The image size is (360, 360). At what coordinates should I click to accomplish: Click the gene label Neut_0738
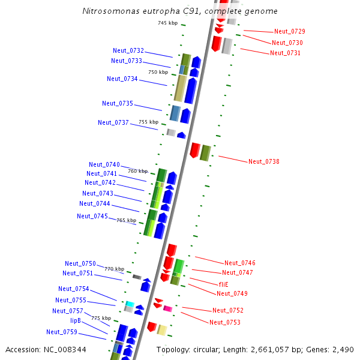(264, 161)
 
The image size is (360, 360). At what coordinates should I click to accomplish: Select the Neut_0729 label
(290, 31)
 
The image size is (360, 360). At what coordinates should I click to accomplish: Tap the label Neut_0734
(122, 79)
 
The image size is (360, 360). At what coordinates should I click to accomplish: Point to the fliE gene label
(223, 284)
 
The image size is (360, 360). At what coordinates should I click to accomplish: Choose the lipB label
(76, 320)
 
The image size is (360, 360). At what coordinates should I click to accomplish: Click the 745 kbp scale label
(167, 23)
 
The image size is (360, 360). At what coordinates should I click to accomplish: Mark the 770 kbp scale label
(114, 269)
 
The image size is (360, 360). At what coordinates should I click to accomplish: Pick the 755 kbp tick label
(148, 122)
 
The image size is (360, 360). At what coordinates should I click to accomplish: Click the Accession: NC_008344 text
(46, 349)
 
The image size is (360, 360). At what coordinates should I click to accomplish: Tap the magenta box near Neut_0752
(168, 308)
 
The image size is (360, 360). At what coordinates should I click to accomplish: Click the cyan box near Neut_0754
(129, 304)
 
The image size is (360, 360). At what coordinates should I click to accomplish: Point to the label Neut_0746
(240, 263)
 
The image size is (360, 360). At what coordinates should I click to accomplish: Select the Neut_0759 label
(62, 332)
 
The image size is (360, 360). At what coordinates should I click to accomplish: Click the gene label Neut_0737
(113, 122)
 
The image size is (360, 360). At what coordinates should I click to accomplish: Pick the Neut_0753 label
(225, 322)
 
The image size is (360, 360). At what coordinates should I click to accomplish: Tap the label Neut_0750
(80, 263)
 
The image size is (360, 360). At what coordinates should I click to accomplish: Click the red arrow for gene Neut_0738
(194, 150)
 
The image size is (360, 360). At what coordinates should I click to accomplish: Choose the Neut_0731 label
(286, 53)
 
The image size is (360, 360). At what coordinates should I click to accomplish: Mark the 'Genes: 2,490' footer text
(335, 349)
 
